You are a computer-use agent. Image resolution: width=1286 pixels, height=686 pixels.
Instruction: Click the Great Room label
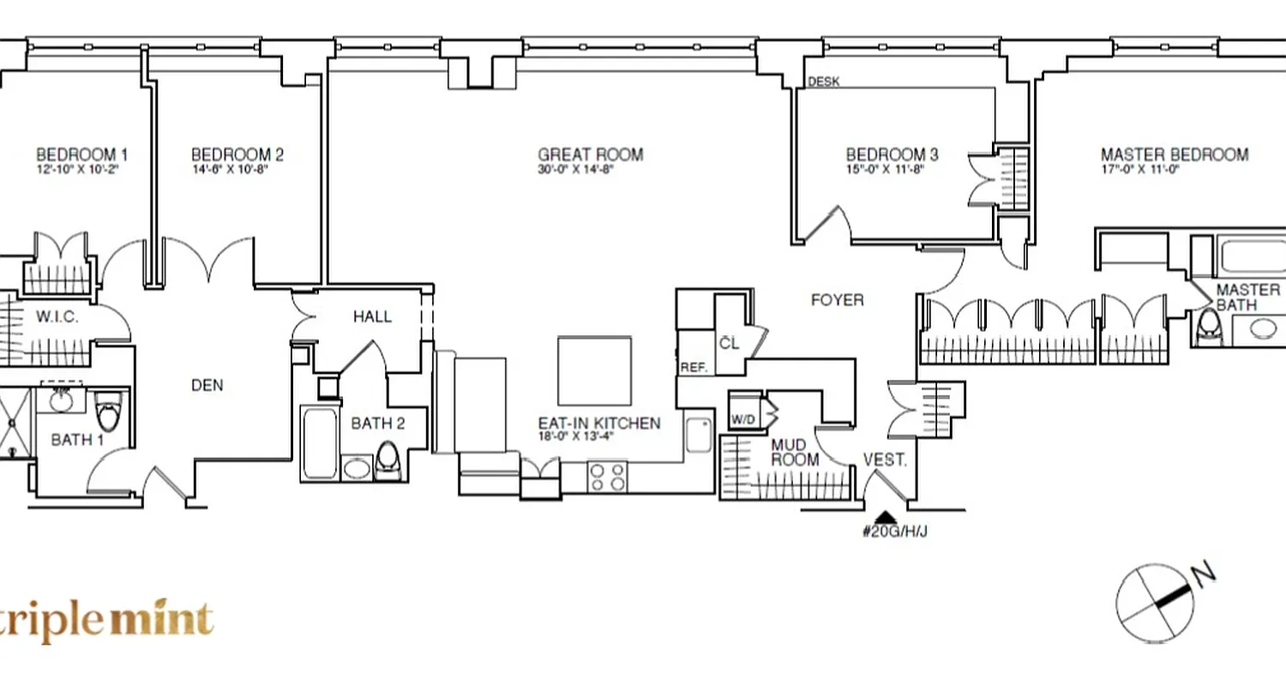[x=590, y=155]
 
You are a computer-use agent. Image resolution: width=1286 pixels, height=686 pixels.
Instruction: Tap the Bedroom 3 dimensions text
[x=892, y=170]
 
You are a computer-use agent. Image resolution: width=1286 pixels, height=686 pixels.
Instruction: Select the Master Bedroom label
[x=1174, y=155]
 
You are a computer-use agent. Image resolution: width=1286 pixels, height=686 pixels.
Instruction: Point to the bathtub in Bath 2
[x=320, y=443]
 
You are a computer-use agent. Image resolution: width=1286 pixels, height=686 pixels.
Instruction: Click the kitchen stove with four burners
[x=607, y=476]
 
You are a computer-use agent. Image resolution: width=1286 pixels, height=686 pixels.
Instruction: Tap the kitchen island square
[x=595, y=370]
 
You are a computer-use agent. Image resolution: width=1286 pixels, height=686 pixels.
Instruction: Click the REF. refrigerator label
[x=693, y=367]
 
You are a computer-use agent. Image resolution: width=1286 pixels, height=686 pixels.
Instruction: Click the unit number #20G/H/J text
[x=895, y=532]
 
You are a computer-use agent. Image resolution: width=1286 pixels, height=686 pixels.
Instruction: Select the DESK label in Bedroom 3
[x=824, y=82]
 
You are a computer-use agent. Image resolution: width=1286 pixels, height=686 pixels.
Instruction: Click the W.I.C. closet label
[x=57, y=317]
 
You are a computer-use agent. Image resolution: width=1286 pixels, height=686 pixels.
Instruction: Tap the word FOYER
[x=837, y=300]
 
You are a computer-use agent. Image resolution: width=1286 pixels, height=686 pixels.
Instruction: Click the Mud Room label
[x=795, y=453]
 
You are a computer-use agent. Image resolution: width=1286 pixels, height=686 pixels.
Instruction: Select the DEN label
[x=207, y=386]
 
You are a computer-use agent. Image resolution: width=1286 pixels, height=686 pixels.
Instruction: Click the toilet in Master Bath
[x=1209, y=324]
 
